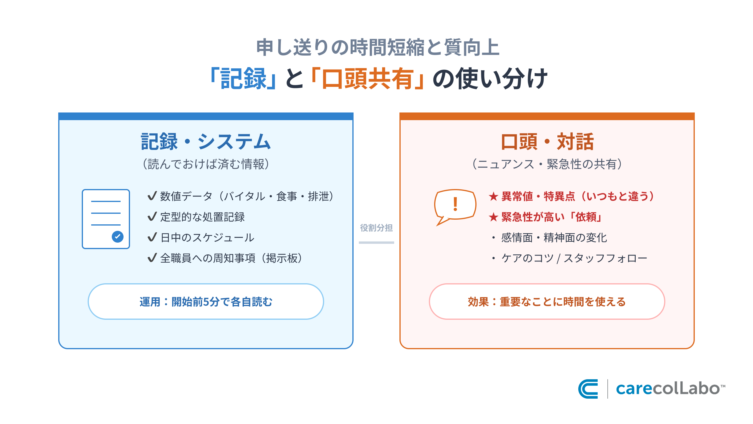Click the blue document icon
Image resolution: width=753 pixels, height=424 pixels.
click(x=106, y=219)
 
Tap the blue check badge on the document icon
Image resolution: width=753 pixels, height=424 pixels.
click(x=118, y=236)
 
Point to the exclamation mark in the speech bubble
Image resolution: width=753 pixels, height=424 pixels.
click(x=455, y=204)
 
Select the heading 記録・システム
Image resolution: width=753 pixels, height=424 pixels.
click(x=206, y=142)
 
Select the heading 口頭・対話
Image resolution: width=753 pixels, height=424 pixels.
click(x=547, y=142)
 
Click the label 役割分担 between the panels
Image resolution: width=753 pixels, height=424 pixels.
click(x=376, y=228)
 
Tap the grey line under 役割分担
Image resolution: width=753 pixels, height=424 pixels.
click(x=376, y=243)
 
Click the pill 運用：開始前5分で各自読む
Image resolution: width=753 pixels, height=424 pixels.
click(x=206, y=302)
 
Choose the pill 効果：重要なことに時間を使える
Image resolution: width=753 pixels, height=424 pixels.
click(x=547, y=302)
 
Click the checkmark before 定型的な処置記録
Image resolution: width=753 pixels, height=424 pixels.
click(x=152, y=217)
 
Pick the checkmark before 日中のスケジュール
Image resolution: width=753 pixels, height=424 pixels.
click(x=152, y=237)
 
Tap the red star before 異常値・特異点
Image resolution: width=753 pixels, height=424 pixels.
click(x=493, y=196)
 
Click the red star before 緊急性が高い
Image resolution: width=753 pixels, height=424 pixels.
click(x=493, y=217)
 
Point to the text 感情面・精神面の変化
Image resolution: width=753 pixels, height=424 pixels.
click(x=554, y=238)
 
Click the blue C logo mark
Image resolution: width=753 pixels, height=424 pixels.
click(x=588, y=389)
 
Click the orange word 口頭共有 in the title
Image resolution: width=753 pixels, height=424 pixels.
click(x=368, y=79)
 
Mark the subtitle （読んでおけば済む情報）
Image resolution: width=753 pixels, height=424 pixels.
click(x=206, y=164)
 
